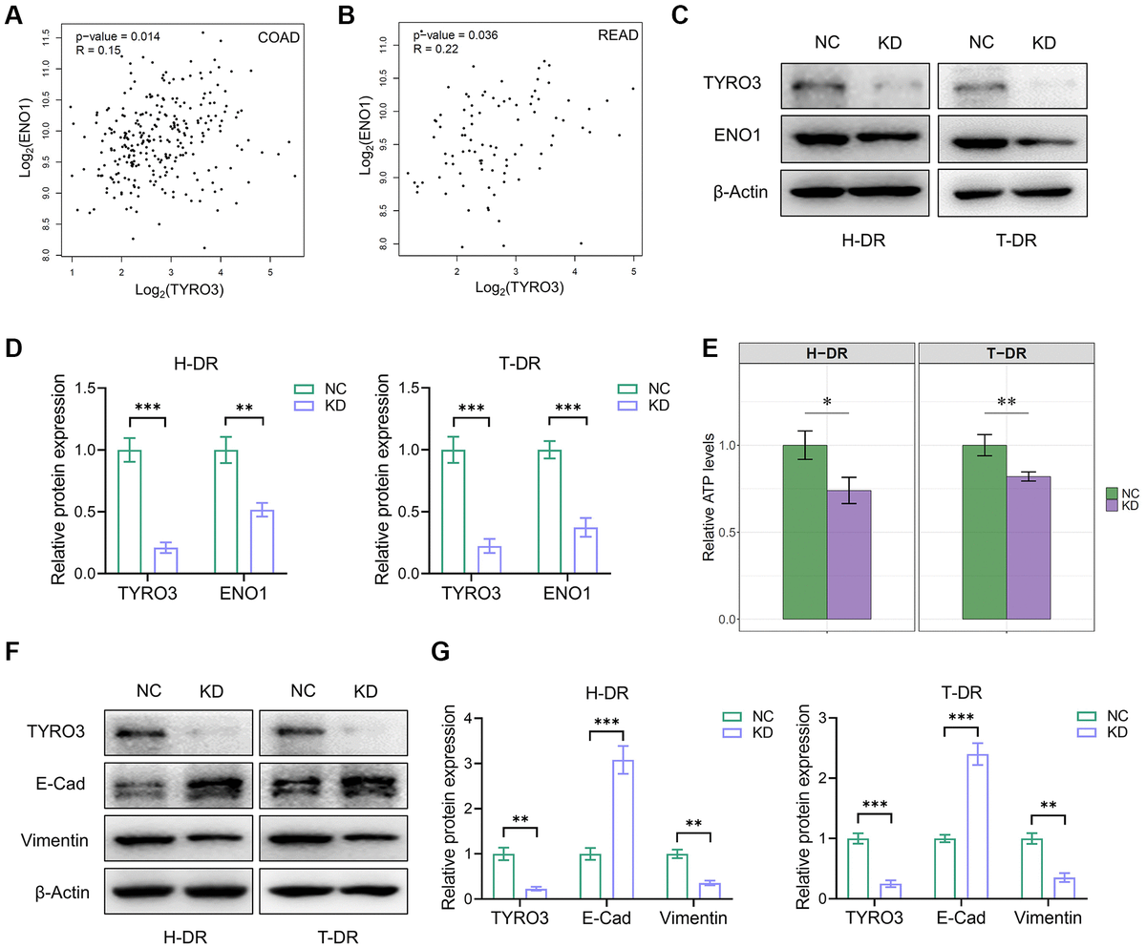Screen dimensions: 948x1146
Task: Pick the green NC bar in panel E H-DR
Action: (804, 532)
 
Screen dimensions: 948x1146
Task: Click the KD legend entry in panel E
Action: (1129, 505)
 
